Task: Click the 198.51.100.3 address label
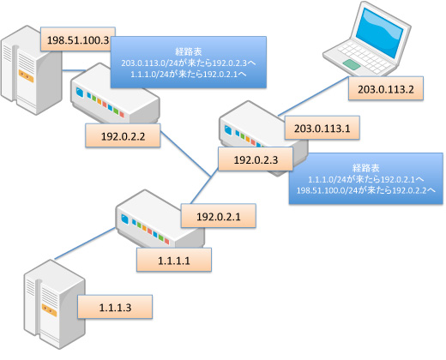point(78,39)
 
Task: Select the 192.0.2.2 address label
point(123,135)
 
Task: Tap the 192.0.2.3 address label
point(256,159)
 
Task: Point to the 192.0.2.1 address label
point(219,216)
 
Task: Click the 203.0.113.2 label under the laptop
point(386,88)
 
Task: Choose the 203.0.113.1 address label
point(322,128)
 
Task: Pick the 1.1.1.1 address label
point(174,260)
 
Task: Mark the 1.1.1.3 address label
point(115,307)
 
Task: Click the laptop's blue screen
point(379,32)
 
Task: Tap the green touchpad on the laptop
point(352,64)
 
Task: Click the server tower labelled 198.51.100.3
point(31,70)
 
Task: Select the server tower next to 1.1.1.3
point(54,304)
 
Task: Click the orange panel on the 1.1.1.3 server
point(49,310)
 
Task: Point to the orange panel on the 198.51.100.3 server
point(26,76)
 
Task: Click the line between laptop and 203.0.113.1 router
point(313,96)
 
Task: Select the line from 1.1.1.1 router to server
point(85,243)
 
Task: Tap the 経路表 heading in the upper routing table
point(189,51)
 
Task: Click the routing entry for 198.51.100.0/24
point(366,190)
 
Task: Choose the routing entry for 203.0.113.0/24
point(189,63)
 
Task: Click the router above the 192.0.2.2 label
point(115,94)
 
